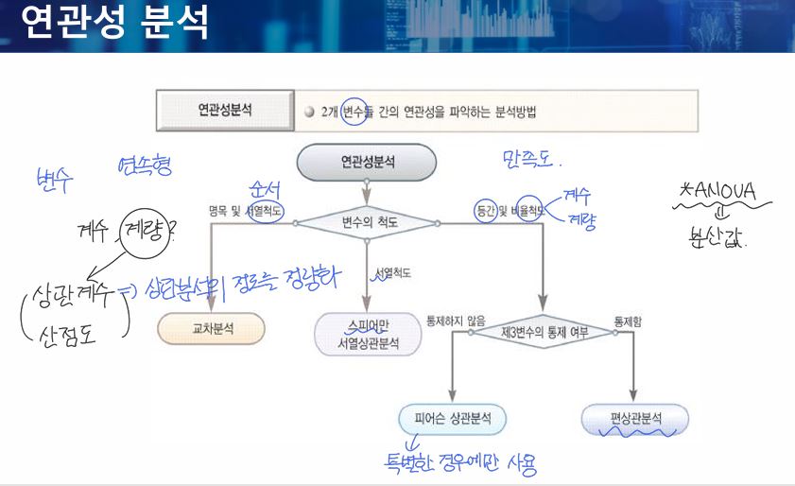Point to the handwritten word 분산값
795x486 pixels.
[720, 237]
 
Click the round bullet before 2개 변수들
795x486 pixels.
[309, 110]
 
